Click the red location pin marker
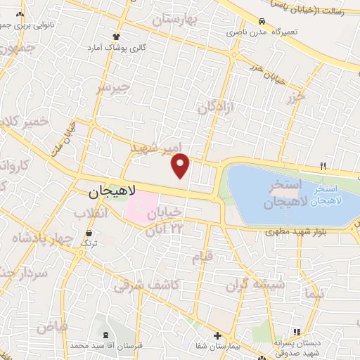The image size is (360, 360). [181, 165]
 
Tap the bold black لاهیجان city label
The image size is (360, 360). [115, 191]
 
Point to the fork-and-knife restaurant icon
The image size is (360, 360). [323, 166]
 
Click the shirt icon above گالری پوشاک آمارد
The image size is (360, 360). [117, 36]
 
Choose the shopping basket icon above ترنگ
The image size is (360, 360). [89, 231]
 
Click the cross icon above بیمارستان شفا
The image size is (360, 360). [217, 335]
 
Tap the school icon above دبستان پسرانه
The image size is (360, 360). [297, 332]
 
